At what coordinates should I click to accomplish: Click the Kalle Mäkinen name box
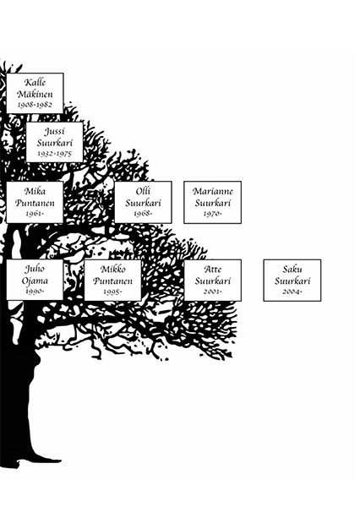point(35,93)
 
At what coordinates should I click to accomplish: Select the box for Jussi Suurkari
point(54,142)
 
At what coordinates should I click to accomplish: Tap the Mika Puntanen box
point(35,202)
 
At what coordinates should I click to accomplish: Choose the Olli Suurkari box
point(143,202)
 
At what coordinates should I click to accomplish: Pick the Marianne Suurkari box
point(212,202)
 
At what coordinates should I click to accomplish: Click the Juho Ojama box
point(35,280)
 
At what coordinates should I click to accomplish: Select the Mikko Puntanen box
point(112,280)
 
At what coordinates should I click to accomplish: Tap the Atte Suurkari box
point(212,280)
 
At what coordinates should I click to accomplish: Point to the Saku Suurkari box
point(292,280)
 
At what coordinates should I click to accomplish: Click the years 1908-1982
point(35,105)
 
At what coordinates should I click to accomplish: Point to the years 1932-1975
point(54,154)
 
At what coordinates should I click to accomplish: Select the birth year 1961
point(34,214)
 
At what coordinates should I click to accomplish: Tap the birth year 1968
point(142,214)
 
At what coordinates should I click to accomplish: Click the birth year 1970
point(211,214)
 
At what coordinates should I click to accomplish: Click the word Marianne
point(212,192)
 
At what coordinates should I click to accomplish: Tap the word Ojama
point(35,281)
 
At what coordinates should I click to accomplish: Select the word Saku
point(292,269)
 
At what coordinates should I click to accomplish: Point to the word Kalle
point(35,82)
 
